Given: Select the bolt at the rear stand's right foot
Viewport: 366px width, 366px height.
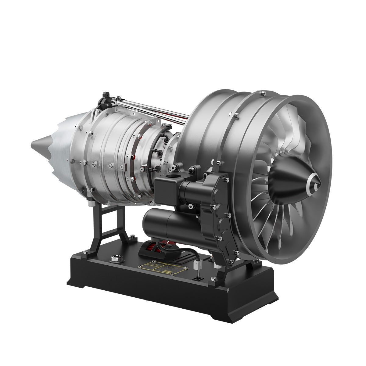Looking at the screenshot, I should pos(132,236).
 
